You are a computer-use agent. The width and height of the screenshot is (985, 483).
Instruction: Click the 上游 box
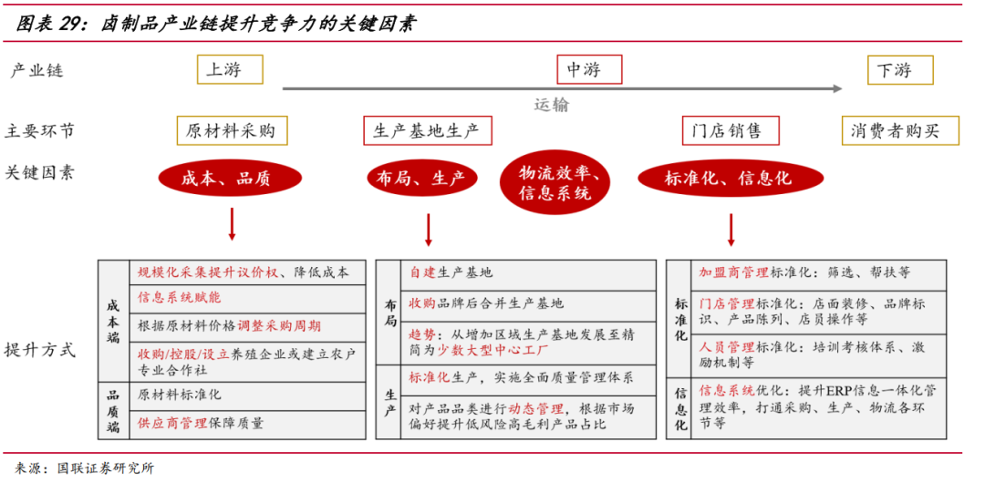tap(230, 70)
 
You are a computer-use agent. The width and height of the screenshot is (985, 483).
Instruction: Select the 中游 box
tap(589, 70)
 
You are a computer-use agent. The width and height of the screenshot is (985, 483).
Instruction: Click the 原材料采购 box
tap(231, 130)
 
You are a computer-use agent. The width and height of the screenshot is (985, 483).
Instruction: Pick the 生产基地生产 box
tap(427, 130)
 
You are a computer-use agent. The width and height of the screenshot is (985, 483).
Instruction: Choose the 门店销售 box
tap(731, 130)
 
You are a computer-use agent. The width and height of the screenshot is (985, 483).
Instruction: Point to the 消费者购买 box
tap(901, 131)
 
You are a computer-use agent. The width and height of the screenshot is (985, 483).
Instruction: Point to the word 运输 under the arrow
tap(551, 105)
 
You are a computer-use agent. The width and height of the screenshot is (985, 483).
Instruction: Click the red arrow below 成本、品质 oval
tap(232, 224)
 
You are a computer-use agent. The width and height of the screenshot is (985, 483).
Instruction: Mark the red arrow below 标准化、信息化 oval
tap(731, 230)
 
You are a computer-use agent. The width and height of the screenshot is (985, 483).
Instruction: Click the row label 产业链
tap(36, 71)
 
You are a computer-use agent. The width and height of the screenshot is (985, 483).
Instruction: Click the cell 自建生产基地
tap(451, 272)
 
